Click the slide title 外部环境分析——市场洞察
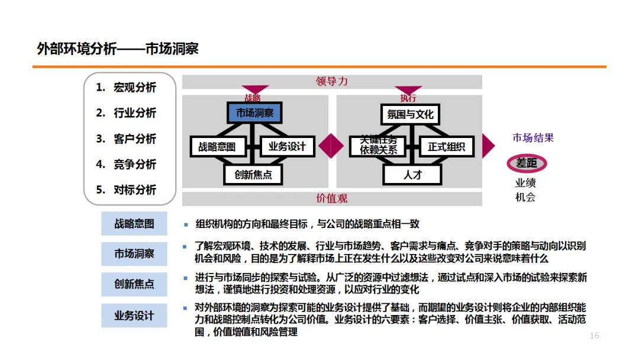[x=117, y=49]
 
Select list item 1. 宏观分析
[x=126, y=88]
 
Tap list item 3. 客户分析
[x=126, y=139]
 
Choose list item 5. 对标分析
[x=126, y=190]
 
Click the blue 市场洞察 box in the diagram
[x=254, y=112]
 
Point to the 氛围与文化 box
[x=410, y=114]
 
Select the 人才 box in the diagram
[x=412, y=175]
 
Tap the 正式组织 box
[x=446, y=146]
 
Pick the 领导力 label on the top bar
[x=332, y=82]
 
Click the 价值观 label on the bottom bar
[x=332, y=198]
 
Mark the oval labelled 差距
[x=526, y=163]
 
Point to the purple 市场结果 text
[x=533, y=138]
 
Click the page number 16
[x=594, y=336]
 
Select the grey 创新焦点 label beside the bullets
[x=134, y=284]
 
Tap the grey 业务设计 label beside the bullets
[x=134, y=316]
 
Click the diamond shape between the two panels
[x=331, y=146]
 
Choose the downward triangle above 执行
[x=408, y=91]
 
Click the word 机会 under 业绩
[x=525, y=198]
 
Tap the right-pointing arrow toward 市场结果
[x=488, y=146]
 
